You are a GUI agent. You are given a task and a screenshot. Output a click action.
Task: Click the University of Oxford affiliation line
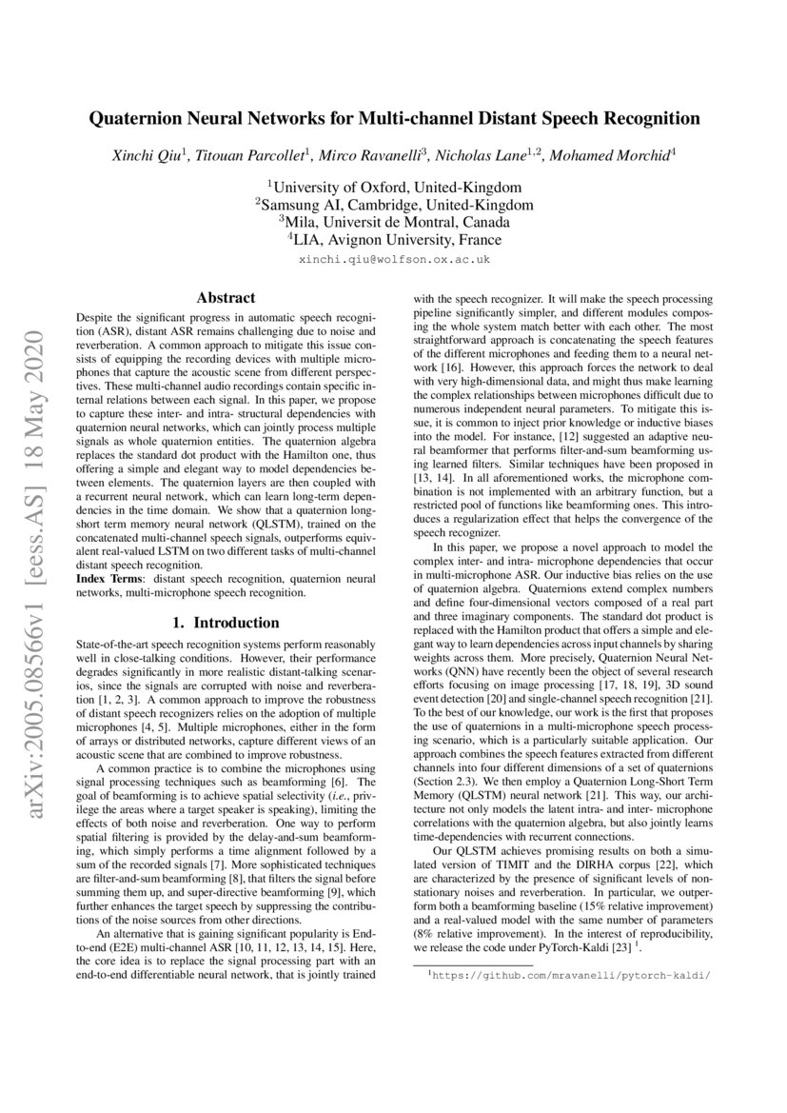(x=394, y=187)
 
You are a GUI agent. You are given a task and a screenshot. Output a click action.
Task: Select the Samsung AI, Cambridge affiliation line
(x=394, y=205)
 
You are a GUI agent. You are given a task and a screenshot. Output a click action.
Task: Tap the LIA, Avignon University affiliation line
(x=394, y=240)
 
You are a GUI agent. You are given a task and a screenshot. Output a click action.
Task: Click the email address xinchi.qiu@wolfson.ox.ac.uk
(x=394, y=259)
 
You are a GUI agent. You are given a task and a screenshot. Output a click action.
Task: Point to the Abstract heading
(x=224, y=298)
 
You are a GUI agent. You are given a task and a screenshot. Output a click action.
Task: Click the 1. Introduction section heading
(x=224, y=624)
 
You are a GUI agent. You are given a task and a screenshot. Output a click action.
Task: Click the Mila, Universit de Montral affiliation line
(x=394, y=222)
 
